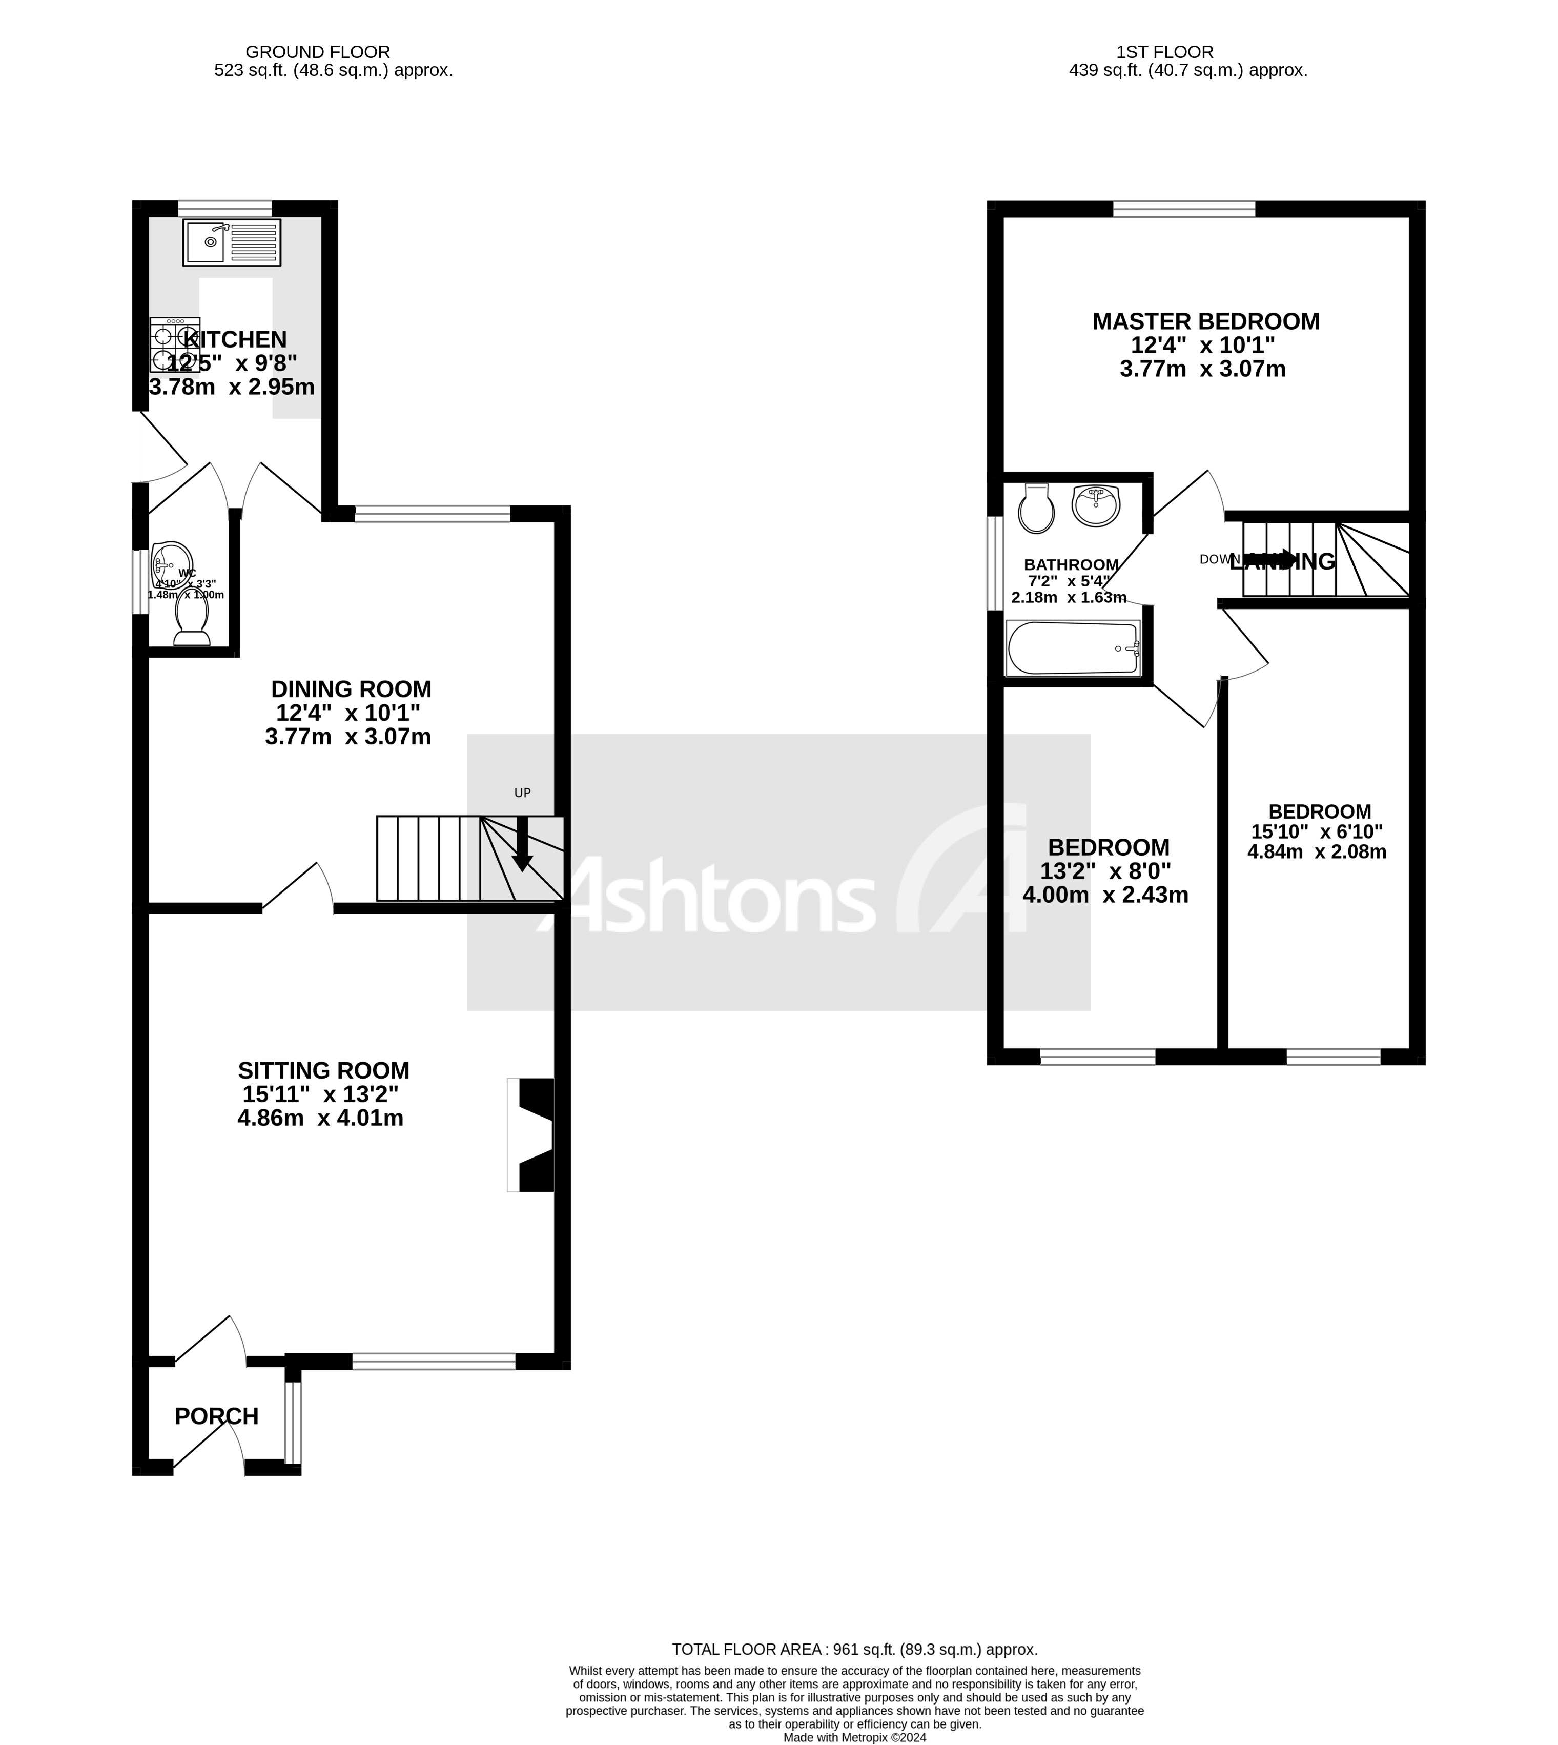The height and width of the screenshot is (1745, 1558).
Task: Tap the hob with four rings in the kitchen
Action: [175, 345]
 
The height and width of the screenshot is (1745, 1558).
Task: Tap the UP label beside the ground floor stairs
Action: [522, 793]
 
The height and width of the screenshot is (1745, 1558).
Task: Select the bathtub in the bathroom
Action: [1074, 648]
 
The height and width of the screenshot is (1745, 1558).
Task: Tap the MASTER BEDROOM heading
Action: [1205, 322]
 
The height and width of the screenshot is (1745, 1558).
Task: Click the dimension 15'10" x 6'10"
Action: [1317, 831]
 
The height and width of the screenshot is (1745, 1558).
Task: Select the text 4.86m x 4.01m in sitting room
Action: [320, 1118]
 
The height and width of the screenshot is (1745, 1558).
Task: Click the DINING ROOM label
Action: [351, 689]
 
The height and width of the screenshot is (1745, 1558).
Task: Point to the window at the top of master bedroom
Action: [1184, 208]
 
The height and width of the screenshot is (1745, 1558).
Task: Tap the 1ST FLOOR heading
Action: [1164, 52]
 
